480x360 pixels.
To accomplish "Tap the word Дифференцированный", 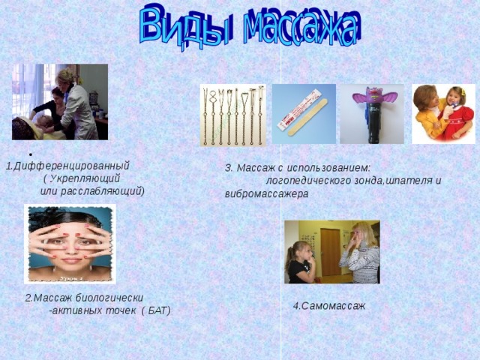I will click(71, 166).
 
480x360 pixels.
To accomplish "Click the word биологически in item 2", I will click(108, 297).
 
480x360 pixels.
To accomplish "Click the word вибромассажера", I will click(266, 193).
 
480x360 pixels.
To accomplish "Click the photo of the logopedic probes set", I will click(232, 114).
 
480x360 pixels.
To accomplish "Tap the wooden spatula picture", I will click(303, 114).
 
